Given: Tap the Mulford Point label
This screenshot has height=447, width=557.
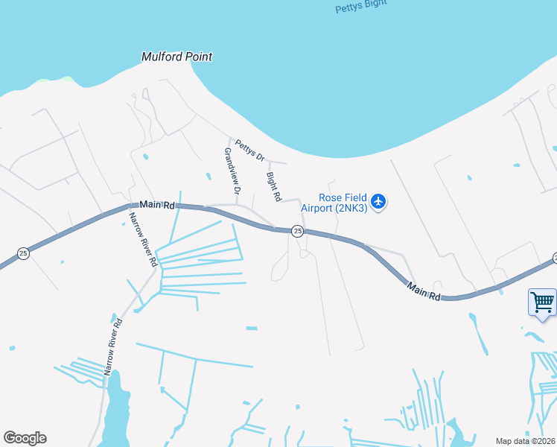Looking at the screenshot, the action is [x=177, y=57].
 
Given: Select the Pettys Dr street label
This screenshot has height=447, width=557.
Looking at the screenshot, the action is [x=250, y=150].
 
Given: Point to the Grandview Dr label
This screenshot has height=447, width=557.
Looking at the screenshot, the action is [x=232, y=171].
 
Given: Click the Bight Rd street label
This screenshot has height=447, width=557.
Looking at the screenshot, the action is [x=273, y=187].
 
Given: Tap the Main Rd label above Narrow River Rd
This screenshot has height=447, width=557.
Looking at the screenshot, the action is [x=156, y=205].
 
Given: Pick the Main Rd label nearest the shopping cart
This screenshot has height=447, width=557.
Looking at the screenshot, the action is [x=424, y=291].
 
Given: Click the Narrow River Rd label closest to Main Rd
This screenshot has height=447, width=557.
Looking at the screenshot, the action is [x=142, y=240].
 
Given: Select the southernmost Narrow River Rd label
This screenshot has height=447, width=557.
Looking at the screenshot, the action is [x=112, y=346].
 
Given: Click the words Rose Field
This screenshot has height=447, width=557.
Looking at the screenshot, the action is [x=343, y=197].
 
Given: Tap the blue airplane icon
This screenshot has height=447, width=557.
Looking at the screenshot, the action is [x=379, y=201].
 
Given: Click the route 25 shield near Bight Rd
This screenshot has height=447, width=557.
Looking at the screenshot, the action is [x=297, y=232].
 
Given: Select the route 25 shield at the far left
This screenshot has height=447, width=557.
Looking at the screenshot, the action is [x=24, y=253].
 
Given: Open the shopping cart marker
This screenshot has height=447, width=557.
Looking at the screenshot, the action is [x=542, y=302].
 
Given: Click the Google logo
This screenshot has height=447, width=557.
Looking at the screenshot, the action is [x=25, y=438].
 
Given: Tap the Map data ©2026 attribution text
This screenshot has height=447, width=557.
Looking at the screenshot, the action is [x=525, y=441].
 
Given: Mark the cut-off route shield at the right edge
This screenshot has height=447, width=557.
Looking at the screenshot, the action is [x=554, y=258].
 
